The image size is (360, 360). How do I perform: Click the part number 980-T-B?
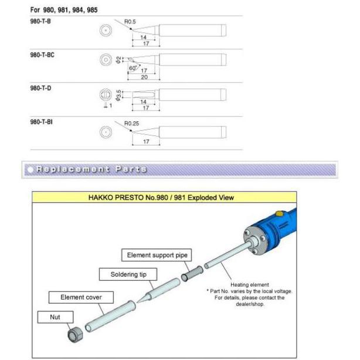click(x=40, y=21)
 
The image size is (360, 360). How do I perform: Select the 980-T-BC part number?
click(x=42, y=55)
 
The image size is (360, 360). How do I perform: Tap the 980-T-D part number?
click(x=40, y=88)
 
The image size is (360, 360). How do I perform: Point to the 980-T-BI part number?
click(x=41, y=122)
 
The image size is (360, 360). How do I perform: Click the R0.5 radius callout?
click(x=130, y=22)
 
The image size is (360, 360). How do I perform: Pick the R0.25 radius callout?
click(x=131, y=123)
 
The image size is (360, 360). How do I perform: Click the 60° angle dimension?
click(x=133, y=68)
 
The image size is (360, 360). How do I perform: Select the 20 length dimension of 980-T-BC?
click(x=144, y=77)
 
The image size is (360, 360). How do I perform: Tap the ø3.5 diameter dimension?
click(x=118, y=95)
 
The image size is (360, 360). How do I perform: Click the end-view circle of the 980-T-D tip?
click(x=106, y=94)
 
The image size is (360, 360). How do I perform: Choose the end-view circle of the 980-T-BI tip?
click(x=106, y=133)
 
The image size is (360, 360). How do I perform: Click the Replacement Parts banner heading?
click(x=91, y=169)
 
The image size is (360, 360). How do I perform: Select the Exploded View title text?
click(x=161, y=198)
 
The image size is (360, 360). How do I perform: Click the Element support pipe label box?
click(x=157, y=255)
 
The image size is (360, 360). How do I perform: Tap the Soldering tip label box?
click(x=128, y=274)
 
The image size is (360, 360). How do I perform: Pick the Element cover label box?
click(x=81, y=297)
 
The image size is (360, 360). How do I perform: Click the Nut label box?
click(x=55, y=317)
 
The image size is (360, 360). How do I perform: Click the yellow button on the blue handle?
click(x=279, y=213)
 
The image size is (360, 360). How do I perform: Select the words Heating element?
click(x=250, y=285)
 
